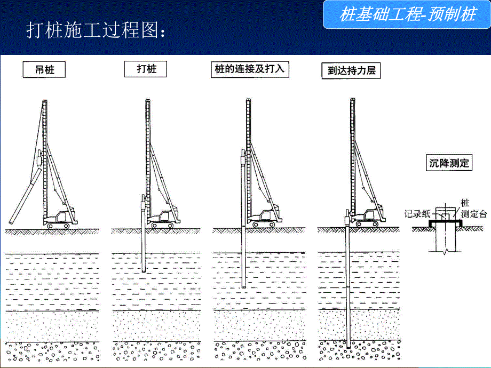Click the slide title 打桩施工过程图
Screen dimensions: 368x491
[96, 30]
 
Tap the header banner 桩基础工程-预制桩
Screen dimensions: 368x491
[407, 14]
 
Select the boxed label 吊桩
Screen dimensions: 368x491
[44, 69]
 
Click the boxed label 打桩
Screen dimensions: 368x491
[145, 69]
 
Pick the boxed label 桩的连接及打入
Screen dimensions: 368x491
[250, 69]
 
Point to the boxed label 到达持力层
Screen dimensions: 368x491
[351, 71]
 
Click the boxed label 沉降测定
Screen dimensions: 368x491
[449, 163]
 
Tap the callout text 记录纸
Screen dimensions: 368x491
[416, 214]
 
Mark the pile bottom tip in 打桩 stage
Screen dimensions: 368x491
[144, 271]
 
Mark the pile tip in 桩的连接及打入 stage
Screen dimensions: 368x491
[244, 286]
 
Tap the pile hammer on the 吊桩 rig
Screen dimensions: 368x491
[39, 159]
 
